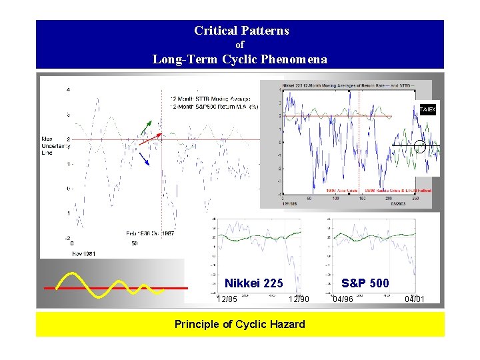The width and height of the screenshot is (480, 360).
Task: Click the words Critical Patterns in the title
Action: coord(241,31)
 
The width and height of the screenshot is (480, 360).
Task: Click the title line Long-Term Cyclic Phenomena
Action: coord(240,59)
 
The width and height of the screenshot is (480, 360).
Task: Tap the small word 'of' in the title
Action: coord(241,45)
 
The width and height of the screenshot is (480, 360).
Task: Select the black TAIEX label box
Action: coord(427,109)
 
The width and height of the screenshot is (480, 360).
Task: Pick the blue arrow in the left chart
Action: coord(144,159)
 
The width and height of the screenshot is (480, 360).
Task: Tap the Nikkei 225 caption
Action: coord(253,283)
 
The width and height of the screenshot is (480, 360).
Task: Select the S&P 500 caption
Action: coord(365,283)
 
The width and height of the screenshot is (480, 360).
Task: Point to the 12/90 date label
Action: coord(299,299)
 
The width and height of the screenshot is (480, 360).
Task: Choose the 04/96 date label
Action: coord(343,299)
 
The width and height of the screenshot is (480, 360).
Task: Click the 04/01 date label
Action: coord(414,299)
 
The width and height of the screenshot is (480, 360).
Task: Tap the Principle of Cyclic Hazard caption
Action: coord(240,324)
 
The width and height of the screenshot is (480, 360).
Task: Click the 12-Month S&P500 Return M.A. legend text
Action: coord(214,106)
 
